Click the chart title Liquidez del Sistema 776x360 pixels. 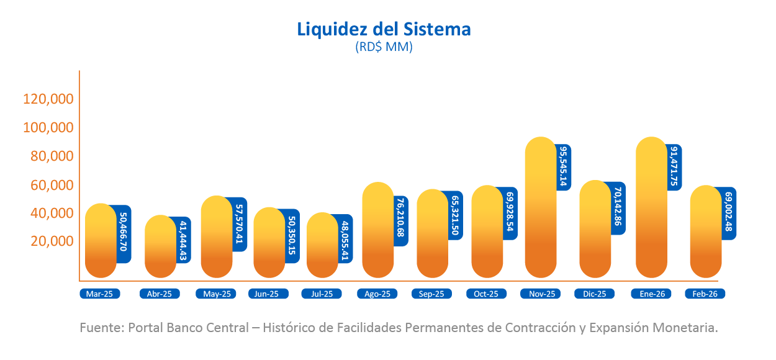pyautogui.click(x=384, y=29)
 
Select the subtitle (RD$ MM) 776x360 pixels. pyautogui.click(x=384, y=47)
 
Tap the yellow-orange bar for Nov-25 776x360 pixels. pyautogui.click(x=540, y=208)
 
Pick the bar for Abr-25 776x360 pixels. pyautogui.click(x=160, y=247)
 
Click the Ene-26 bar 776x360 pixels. pyautogui.click(x=652, y=208)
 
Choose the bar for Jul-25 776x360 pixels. pyautogui.click(x=323, y=246)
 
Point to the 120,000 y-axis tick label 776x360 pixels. pyautogui.click(x=48, y=99)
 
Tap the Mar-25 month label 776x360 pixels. pyautogui.click(x=100, y=294)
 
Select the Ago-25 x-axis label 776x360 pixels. pyautogui.click(x=377, y=294)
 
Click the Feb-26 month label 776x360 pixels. pyautogui.click(x=705, y=294)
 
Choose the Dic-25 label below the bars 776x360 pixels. pyautogui.click(x=594, y=294)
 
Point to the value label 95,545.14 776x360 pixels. pyautogui.click(x=563, y=167)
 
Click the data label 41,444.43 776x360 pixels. pyautogui.click(x=184, y=240)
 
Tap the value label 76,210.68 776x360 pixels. pyautogui.click(x=401, y=220)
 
